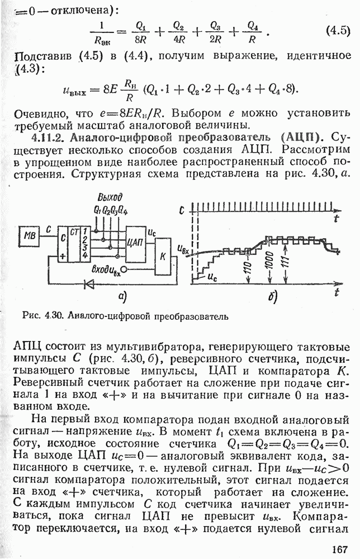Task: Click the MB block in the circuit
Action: click(29, 237)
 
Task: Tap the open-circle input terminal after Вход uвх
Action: click(125, 269)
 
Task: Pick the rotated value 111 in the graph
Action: click(286, 267)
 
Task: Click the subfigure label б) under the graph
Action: click(273, 297)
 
